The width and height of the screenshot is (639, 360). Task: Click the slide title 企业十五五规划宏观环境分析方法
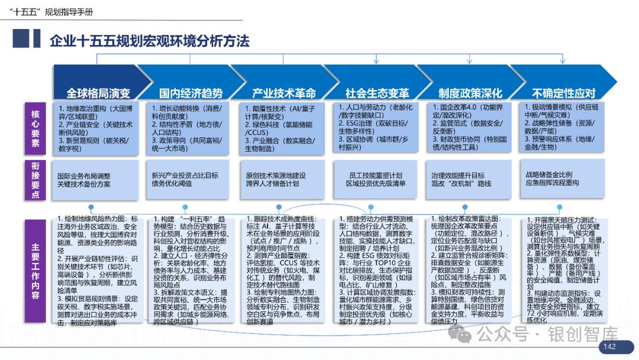click(149, 41)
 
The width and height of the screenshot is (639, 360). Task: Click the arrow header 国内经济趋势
click(191, 93)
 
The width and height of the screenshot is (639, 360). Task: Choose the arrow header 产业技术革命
click(284, 93)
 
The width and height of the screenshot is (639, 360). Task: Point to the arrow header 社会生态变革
click(377, 93)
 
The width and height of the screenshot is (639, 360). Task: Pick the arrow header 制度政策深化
click(470, 93)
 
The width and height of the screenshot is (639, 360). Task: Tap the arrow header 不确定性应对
click(563, 93)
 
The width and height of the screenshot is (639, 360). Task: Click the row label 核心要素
click(35, 128)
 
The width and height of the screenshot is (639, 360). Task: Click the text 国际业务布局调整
click(83, 176)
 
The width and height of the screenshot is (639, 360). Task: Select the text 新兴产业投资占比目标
click(185, 175)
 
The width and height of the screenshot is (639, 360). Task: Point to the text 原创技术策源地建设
click(276, 176)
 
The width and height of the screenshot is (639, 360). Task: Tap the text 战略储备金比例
click(548, 175)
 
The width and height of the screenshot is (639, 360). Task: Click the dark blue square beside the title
click(21, 39)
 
